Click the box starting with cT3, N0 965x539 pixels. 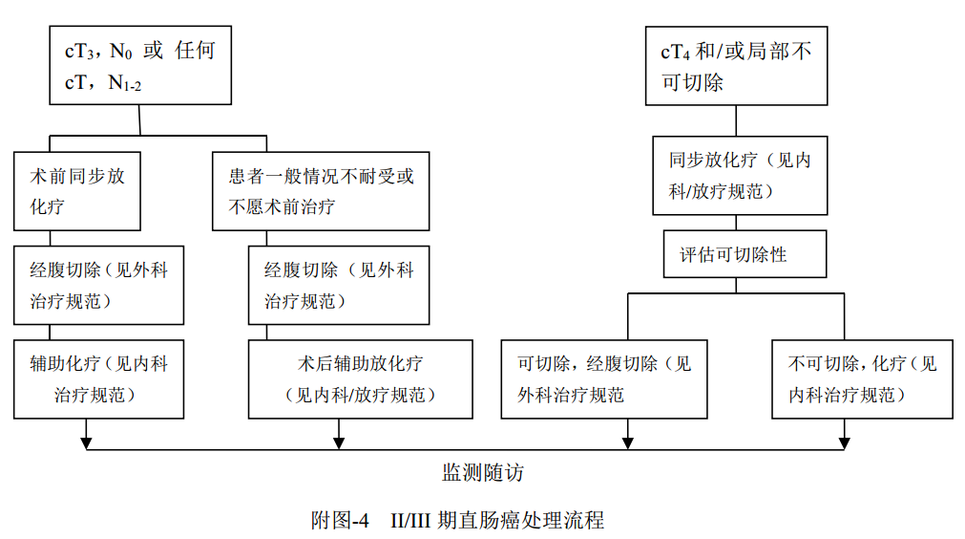click(140, 65)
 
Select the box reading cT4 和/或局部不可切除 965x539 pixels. click(736, 65)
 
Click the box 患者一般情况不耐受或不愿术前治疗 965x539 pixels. click(321, 190)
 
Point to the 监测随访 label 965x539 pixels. click(482, 472)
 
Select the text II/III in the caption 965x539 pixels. click(410, 521)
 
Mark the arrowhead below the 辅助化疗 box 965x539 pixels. click(86, 442)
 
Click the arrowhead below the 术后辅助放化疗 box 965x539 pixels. click(337, 442)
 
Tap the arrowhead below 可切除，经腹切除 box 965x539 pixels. click(627, 442)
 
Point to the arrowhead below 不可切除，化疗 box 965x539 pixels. click(844, 442)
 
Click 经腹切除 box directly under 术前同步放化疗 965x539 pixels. click(98, 285)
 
